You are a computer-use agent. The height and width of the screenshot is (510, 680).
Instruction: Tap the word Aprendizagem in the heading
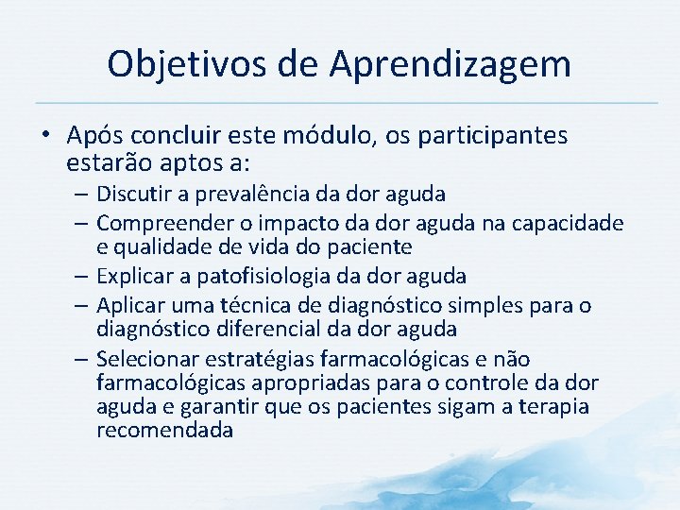[450, 64]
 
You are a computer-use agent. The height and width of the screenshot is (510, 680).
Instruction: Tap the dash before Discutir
[81, 195]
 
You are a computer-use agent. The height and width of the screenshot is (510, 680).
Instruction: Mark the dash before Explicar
[81, 276]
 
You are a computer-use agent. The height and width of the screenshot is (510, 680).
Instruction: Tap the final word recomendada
[164, 431]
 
